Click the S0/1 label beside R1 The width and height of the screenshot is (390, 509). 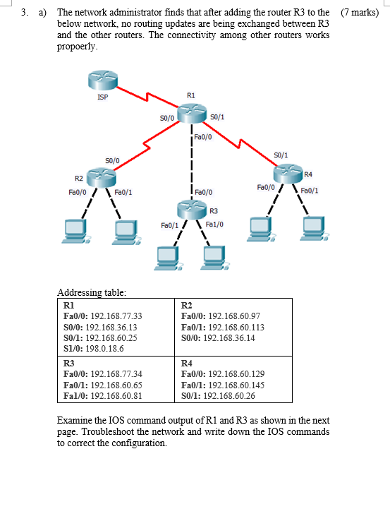(218, 116)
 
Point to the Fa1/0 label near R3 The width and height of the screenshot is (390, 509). (214, 224)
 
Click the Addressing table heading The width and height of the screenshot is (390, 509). (92, 292)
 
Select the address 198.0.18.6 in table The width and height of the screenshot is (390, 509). (104, 348)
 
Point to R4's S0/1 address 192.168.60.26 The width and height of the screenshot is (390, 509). (231, 395)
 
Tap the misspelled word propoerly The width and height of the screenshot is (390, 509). (77, 47)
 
